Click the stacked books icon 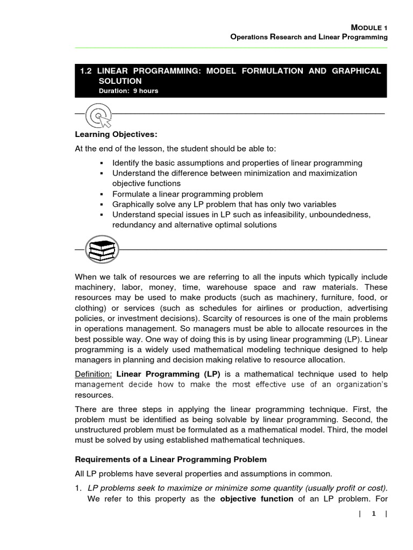pos(102,250)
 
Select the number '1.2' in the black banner pos(87,71)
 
